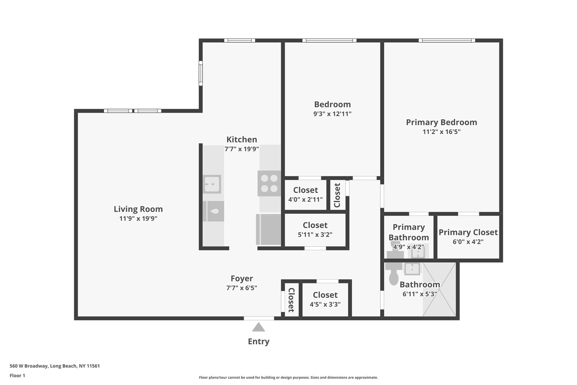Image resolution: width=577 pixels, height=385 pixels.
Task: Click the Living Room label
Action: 138,209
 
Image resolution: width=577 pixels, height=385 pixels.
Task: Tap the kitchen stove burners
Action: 269,183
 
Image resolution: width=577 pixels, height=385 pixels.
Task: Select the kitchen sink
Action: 212,184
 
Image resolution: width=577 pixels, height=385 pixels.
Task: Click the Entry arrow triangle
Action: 258,327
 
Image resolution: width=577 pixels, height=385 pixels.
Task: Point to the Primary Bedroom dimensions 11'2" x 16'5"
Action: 441,132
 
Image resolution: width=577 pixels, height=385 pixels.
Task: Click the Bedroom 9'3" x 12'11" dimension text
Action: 332,114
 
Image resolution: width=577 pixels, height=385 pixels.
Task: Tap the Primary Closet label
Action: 468,232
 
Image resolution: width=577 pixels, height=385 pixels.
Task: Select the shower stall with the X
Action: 439,289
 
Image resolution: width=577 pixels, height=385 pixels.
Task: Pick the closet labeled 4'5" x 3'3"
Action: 325,299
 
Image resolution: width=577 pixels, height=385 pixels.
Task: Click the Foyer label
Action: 241,278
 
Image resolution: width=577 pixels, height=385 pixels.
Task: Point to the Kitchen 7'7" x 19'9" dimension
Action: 241,149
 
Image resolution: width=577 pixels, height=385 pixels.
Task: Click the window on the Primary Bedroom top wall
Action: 447,41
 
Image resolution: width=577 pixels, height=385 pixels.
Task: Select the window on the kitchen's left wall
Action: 201,73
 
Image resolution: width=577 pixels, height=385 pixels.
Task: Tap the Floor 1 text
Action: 17,375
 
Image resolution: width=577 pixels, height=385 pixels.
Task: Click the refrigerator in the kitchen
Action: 268,230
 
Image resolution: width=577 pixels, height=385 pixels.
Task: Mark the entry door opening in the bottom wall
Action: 259,318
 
